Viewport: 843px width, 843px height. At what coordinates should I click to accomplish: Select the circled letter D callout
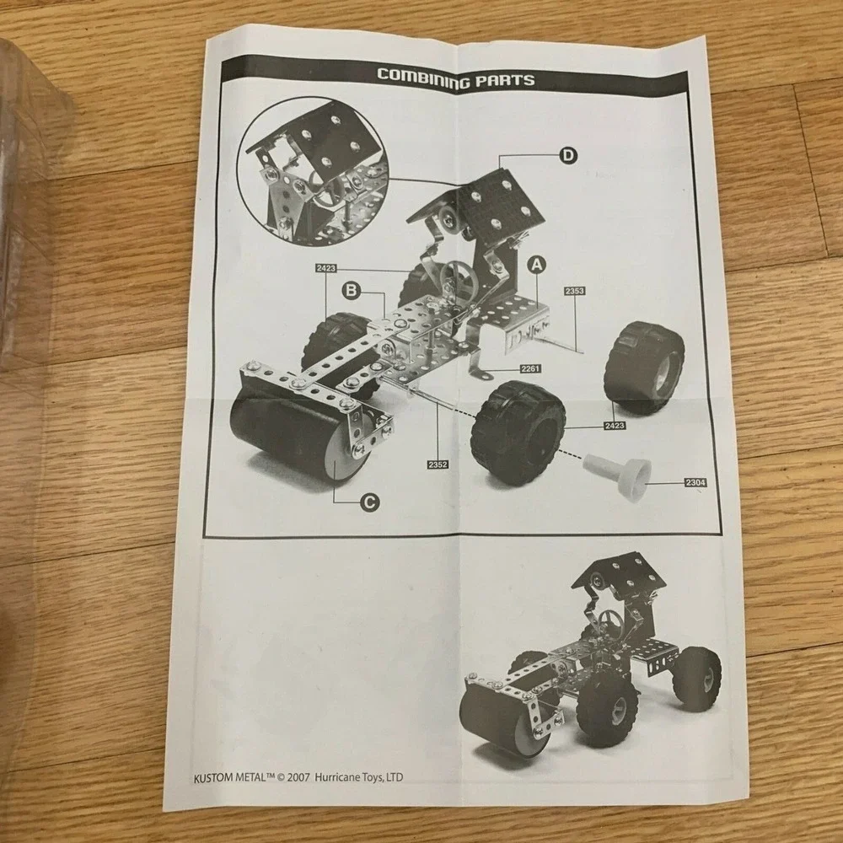(567, 156)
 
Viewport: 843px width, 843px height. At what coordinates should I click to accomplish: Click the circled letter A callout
(536, 265)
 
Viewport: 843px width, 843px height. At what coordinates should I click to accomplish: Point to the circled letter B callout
(351, 291)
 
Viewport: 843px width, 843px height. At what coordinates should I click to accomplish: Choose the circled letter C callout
(369, 502)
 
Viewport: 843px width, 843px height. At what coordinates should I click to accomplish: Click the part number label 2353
(574, 291)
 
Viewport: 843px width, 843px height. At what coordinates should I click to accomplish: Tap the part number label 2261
(530, 368)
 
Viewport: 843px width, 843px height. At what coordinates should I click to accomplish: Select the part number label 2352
(438, 464)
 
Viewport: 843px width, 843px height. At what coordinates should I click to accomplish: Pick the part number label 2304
(695, 482)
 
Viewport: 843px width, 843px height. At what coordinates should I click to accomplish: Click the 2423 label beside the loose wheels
(614, 425)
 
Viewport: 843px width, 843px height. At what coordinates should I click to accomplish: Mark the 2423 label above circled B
(325, 268)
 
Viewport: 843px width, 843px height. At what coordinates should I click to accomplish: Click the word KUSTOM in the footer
(213, 777)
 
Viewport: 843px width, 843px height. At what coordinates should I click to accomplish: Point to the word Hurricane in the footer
(335, 777)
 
